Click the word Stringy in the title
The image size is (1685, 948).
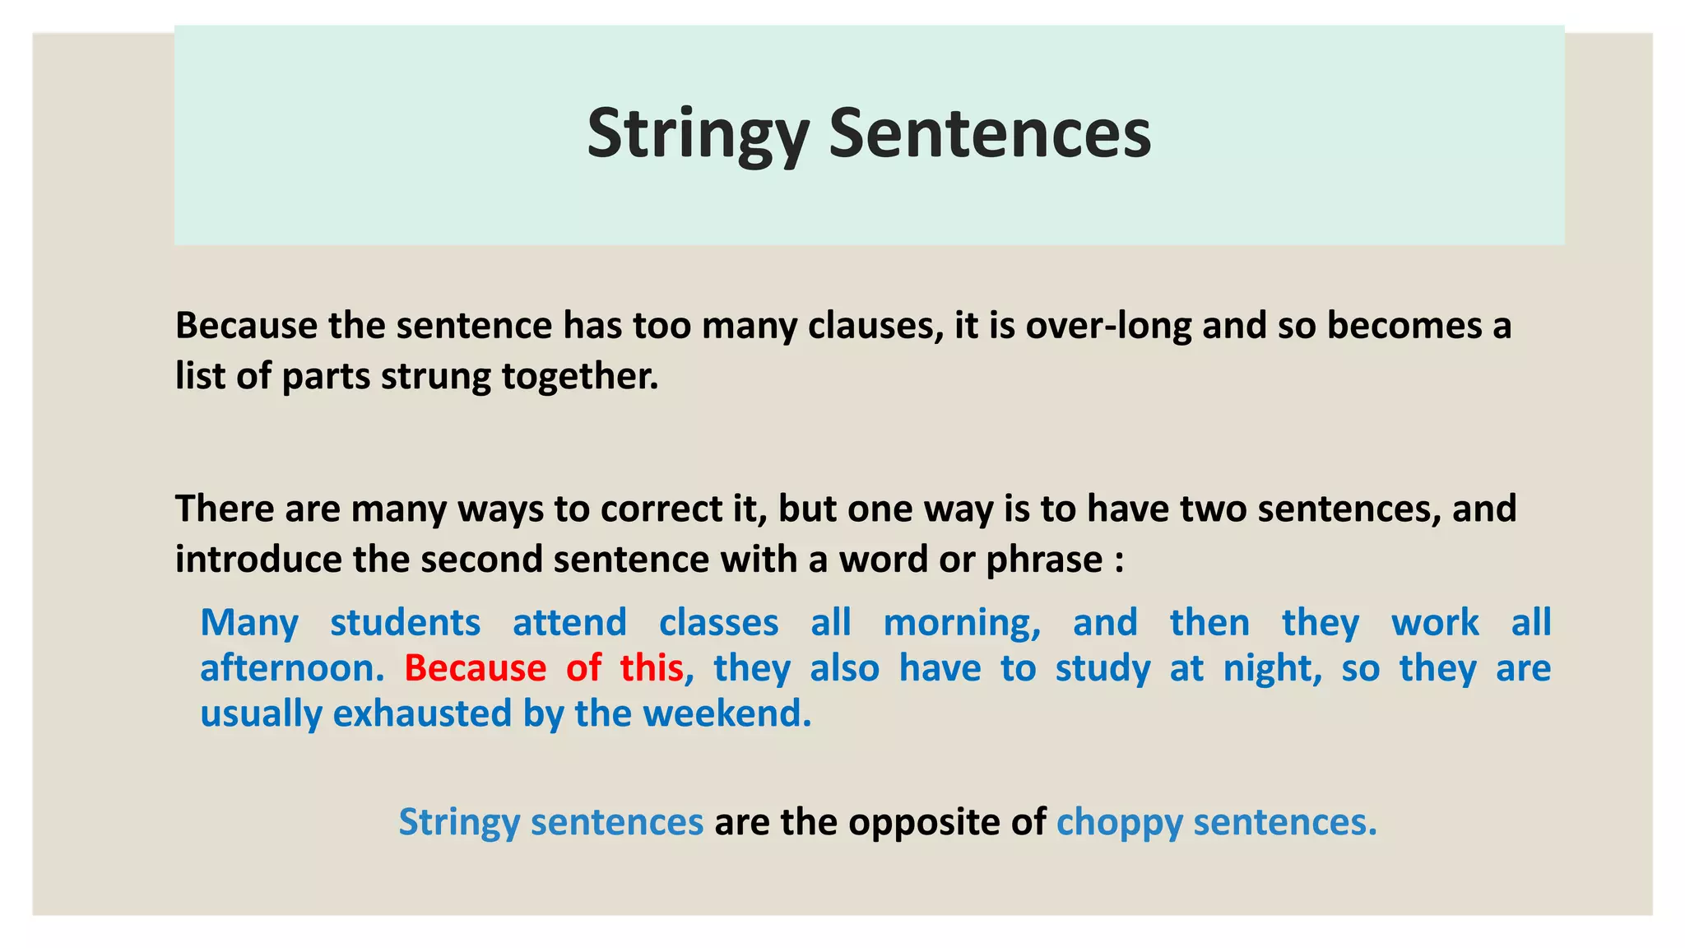point(698,134)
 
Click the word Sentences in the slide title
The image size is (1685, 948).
point(990,134)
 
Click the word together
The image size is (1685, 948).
point(580,377)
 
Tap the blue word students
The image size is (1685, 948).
point(405,623)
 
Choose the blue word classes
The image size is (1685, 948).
point(718,623)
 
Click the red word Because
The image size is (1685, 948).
point(475,668)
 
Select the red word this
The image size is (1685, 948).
point(652,668)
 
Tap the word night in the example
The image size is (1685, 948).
point(1271,668)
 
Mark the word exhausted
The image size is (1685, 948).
point(422,713)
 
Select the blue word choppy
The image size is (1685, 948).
point(1119,822)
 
